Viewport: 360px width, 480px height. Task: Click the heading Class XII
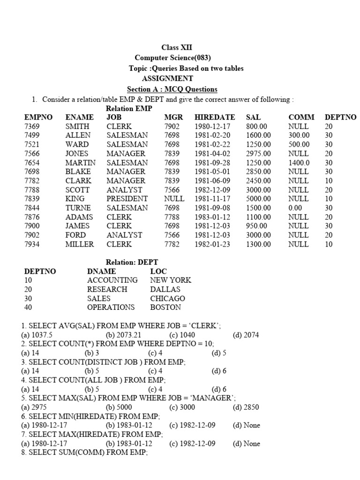[177, 47]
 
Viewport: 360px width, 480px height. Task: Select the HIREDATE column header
[215, 117]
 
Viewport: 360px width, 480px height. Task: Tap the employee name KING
[75, 199]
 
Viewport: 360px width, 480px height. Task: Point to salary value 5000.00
[258, 199]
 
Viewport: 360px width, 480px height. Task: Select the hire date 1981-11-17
[212, 199]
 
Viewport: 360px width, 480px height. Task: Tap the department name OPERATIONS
[111, 307]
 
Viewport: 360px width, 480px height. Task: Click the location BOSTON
[165, 307]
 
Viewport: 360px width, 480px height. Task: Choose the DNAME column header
[102, 271]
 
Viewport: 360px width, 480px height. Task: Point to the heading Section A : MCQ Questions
[172, 89]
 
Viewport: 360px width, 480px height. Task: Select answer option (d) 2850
[246, 407]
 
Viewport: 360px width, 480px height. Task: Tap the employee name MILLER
[80, 244]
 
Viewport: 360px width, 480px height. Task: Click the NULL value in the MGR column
[174, 199]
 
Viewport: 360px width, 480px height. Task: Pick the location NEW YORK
[171, 280]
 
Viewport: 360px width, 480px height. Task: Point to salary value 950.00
[256, 226]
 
